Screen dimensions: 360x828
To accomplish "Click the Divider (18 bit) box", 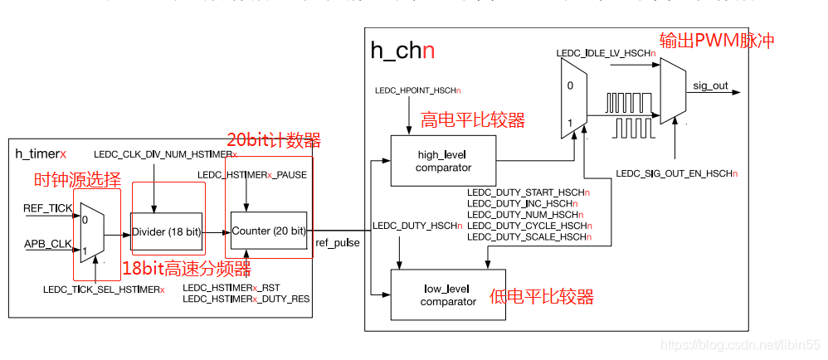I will (x=166, y=231).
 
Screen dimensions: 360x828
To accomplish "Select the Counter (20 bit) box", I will (x=268, y=231).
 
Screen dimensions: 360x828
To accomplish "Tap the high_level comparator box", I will (x=443, y=162).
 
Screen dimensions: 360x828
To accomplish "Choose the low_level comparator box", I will (x=448, y=296).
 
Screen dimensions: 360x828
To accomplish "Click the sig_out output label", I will (x=710, y=85).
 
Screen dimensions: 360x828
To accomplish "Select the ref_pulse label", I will (x=338, y=244).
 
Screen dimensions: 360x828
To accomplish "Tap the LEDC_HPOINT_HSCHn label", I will (x=419, y=90).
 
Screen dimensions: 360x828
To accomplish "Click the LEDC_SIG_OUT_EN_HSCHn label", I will (x=676, y=173).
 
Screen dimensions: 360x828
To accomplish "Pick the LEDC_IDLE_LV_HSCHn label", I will (x=606, y=53).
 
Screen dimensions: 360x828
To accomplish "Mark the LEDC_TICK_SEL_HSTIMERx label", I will (x=104, y=289).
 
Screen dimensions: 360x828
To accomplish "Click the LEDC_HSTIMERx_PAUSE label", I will (x=252, y=175).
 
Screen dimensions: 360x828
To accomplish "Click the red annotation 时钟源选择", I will (x=76, y=180).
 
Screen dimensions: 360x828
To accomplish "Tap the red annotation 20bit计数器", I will (x=274, y=139).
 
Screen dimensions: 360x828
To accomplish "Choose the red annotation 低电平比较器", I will (x=542, y=296).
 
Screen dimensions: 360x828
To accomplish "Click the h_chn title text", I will (x=402, y=51).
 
